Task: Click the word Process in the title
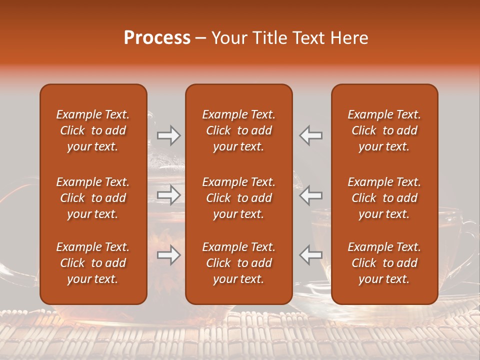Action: pos(157,38)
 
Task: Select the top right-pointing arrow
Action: pos(168,135)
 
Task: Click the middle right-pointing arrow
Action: pos(168,195)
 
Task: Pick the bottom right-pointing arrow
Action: pos(168,255)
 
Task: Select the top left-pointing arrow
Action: pos(311,135)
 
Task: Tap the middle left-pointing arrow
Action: pos(311,195)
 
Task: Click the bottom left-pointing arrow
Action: pos(311,255)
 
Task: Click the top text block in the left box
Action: pos(93,130)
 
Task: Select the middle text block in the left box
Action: pos(93,198)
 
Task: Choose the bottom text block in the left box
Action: pos(93,263)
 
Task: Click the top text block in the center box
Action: pos(238,130)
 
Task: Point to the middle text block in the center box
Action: pos(238,198)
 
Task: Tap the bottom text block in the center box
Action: pos(238,263)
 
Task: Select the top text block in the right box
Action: pos(384,130)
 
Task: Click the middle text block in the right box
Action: pos(384,198)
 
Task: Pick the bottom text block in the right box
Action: pos(384,263)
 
